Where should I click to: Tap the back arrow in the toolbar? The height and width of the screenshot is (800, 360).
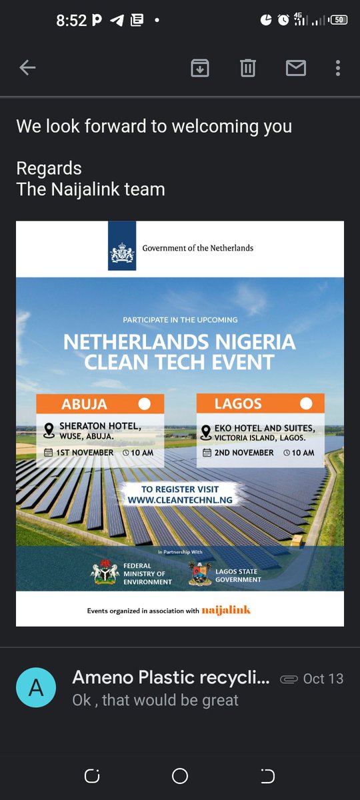(27, 67)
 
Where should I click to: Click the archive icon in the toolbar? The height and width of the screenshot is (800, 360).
(200, 67)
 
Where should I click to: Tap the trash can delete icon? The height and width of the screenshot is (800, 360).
(248, 67)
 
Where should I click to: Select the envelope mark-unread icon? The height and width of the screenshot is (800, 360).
(295, 67)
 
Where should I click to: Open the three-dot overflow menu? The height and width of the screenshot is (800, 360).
(338, 67)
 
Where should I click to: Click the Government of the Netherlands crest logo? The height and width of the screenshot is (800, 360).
(121, 248)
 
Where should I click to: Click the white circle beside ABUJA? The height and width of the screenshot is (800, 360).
(144, 404)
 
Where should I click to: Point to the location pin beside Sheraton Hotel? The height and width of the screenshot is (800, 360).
(49, 430)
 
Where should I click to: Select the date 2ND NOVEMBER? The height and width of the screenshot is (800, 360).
(244, 453)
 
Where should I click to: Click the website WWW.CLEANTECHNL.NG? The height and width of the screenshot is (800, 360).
(179, 499)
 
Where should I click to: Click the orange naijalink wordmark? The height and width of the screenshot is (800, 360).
(226, 610)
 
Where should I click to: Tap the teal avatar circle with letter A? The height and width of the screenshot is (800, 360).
(36, 688)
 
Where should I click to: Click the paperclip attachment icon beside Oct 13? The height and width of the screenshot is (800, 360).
(289, 679)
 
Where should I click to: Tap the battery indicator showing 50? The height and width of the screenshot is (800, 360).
(339, 20)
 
